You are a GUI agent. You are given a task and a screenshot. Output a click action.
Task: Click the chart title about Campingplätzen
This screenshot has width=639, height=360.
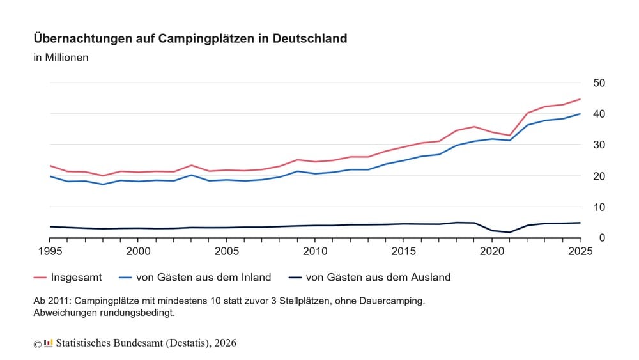click(190, 38)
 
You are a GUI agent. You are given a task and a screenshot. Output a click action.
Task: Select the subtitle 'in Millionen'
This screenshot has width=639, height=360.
click(61, 58)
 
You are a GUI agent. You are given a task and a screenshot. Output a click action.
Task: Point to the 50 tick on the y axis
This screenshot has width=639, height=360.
click(599, 83)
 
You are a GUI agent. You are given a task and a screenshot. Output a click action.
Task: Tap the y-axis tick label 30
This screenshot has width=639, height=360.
click(599, 145)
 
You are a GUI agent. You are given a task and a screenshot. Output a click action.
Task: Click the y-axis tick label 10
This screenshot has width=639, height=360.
click(599, 207)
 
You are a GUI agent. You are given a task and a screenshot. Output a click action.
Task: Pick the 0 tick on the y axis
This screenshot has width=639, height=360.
click(602, 238)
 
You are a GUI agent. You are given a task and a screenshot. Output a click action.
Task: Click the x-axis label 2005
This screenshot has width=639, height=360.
click(227, 251)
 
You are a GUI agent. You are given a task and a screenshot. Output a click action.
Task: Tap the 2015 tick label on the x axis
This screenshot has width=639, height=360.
click(404, 251)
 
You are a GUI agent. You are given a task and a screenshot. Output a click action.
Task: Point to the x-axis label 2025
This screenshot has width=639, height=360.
click(580, 251)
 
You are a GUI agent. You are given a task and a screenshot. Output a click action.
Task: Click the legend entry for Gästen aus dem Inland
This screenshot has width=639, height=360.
click(203, 278)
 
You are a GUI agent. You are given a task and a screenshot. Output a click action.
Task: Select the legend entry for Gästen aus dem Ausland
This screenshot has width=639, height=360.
click(378, 278)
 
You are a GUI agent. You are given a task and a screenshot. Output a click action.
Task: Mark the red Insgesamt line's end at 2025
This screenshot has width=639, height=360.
click(580, 99)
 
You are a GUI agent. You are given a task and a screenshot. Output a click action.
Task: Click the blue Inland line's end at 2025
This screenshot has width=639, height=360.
click(580, 114)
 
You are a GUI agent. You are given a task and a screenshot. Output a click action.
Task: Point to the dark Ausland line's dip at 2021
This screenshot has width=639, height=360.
click(509, 232)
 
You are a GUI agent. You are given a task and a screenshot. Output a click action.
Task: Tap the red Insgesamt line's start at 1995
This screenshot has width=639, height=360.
click(50, 166)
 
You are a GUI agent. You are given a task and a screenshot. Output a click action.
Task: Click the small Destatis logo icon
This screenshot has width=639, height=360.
click(48, 343)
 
